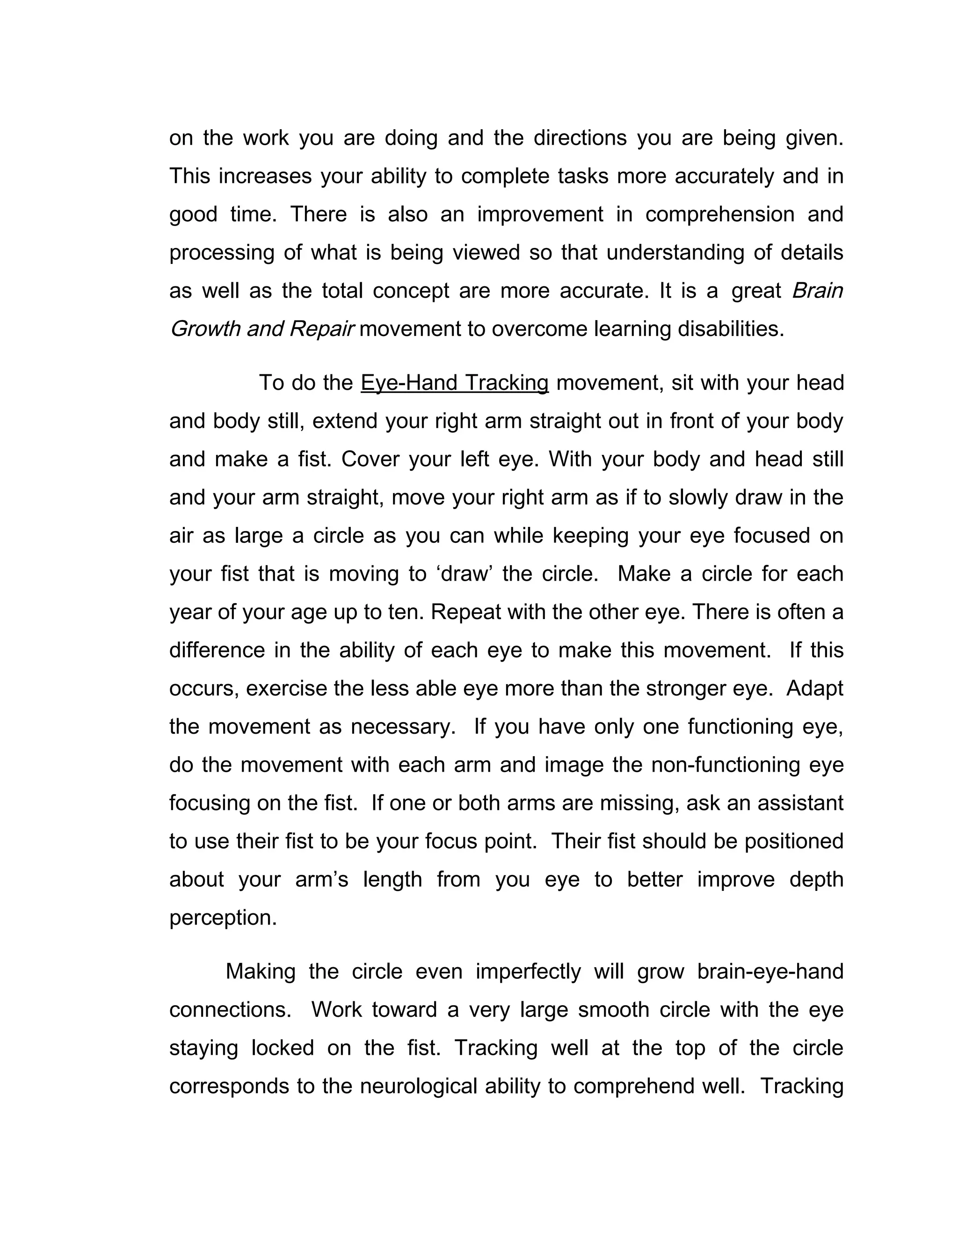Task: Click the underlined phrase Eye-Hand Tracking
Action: (x=455, y=383)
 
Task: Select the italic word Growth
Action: (x=204, y=329)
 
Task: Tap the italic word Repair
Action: (x=322, y=329)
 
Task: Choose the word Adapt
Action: (x=815, y=689)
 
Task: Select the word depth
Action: (x=816, y=880)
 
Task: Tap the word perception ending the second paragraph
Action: (x=223, y=918)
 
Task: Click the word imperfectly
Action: (x=528, y=972)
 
